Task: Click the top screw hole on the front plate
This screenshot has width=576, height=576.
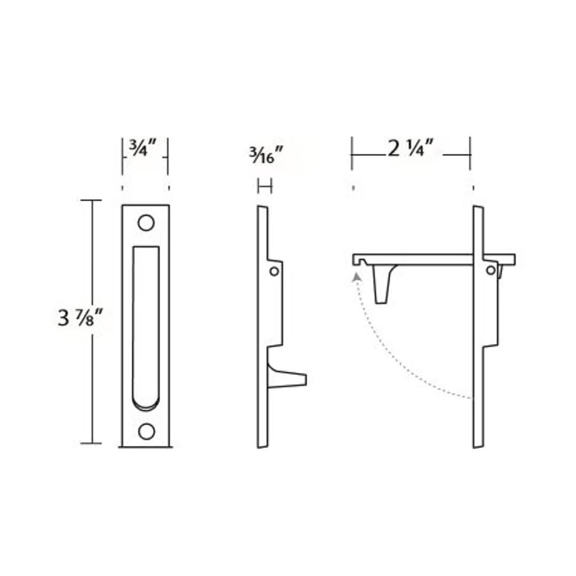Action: [146, 222]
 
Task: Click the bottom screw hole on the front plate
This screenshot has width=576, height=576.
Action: [146, 430]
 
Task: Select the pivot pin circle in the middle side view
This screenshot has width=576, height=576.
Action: [274, 271]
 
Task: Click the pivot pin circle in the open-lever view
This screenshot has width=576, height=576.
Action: [490, 270]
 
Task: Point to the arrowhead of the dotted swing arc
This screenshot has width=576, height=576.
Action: [356, 276]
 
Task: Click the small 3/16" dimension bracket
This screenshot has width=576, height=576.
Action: [265, 186]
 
